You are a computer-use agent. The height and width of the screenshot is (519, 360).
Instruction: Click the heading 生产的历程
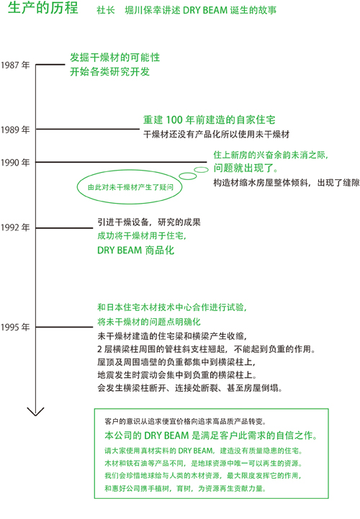click(x=43, y=8)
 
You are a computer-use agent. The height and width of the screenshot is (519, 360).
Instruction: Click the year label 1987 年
click(x=15, y=65)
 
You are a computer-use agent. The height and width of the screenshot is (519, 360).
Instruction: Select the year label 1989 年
click(x=15, y=130)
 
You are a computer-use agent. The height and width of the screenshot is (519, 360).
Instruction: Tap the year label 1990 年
click(x=15, y=163)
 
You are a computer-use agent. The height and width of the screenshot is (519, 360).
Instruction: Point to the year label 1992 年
click(x=15, y=227)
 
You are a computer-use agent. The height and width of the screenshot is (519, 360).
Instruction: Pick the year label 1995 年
click(x=15, y=327)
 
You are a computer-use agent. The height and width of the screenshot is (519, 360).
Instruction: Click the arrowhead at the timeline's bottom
click(x=35, y=412)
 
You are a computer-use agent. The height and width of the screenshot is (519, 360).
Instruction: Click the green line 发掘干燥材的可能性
click(x=115, y=58)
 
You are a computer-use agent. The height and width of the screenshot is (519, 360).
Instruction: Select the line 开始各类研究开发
click(x=109, y=71)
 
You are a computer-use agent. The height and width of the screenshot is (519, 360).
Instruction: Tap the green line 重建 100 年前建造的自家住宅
click(x=210, y=119)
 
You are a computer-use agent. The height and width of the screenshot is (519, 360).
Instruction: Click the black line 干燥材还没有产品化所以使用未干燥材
click(x=216, y=134)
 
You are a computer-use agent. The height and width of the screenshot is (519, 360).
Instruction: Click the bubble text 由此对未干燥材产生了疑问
click(x=130, y=187)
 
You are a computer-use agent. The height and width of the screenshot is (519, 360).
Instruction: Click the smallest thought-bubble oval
click(x=201, y=170)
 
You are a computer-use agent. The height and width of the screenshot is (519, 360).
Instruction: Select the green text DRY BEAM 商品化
click(x=135, y=251)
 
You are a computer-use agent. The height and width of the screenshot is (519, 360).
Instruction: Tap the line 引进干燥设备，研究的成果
click(x=149, y=222)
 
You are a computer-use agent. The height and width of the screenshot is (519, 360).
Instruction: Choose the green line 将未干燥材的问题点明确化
click(x=149, y=322)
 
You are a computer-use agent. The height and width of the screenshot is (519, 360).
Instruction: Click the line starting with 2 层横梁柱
click(x=207, y=349)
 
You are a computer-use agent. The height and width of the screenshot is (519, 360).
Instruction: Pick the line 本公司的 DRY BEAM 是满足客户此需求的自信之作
click(x=211, y=435)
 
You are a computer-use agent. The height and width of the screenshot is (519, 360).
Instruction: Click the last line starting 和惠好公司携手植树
click(x=186, y=488)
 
